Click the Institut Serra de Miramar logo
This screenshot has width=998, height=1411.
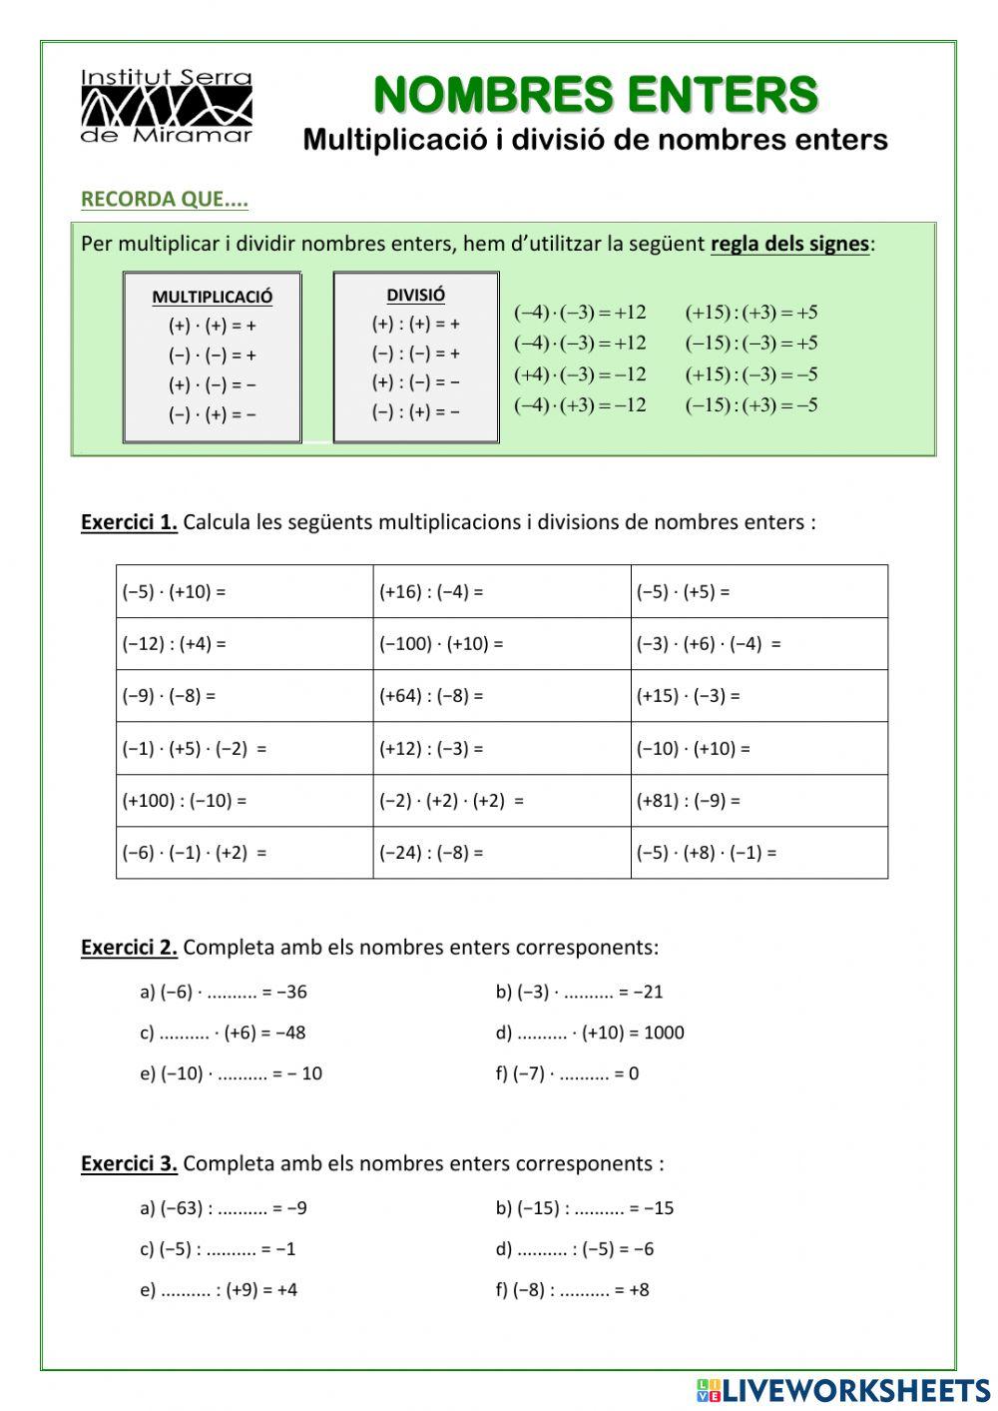coord(166,107)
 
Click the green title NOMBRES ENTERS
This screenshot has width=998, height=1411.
coord(596,96)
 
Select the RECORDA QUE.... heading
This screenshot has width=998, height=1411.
coord(165,199)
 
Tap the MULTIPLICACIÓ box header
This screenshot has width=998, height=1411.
coord(212,297)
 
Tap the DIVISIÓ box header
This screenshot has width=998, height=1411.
coord(415,295)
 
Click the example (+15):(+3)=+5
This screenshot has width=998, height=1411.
coord(751,313)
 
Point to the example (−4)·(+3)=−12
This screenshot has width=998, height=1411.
coord(580,404)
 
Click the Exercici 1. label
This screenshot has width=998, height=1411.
coord(129,522)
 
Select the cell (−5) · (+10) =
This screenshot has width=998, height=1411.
coord(245,591)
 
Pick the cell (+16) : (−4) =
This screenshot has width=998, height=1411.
coord(502,591)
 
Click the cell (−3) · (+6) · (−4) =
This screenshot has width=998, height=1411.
coord(758,644)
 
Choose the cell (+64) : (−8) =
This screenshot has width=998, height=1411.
coord(502,696)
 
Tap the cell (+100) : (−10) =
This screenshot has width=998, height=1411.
coord(245,800)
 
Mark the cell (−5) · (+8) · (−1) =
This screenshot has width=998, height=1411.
coord(758,853)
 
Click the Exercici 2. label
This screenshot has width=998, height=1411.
coord(129,947)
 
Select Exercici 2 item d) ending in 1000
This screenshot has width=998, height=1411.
coord(590,1033)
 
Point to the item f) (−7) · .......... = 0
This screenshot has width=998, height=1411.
coord(567,1073)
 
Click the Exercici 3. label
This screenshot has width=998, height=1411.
coord(129,1163)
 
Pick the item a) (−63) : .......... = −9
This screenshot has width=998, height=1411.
coord(224,1208)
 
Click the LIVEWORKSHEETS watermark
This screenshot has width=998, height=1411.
coord(843,1390)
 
